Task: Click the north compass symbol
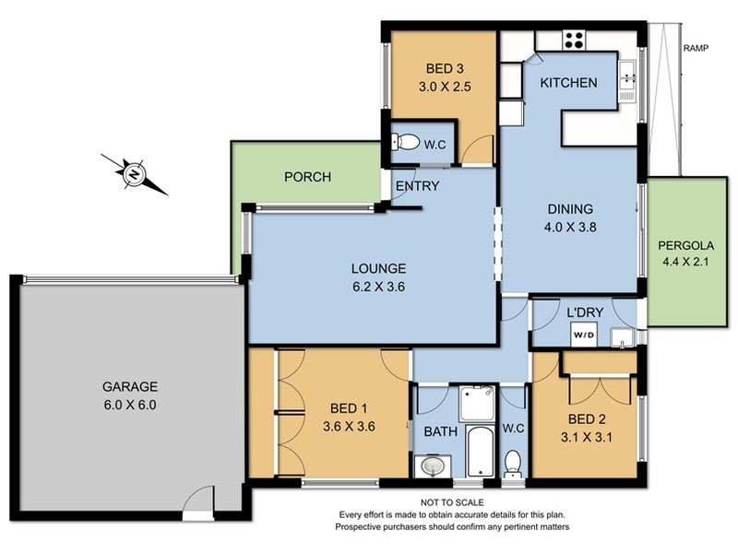(135, 174)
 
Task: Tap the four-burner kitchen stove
(574, 40)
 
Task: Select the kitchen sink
(627, 81)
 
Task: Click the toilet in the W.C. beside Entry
(406, 142)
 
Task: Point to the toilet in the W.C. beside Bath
(512, 463)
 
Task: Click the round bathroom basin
(433, 466)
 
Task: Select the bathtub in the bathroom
(480, 451)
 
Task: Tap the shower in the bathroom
(477, 403)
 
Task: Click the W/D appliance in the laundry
(584, 335)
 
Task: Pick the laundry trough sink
(622, 337)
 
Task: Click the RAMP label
(696, 48)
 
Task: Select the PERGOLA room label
(685, 245)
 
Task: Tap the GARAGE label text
(130, 386)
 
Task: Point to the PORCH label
(308, 177)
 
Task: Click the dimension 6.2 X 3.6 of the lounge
(378, 287)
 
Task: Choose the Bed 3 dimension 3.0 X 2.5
(445, 87)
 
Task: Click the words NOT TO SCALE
(452, 502)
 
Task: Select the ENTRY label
(417, 186)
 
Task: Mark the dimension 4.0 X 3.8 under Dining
(570, 227)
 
